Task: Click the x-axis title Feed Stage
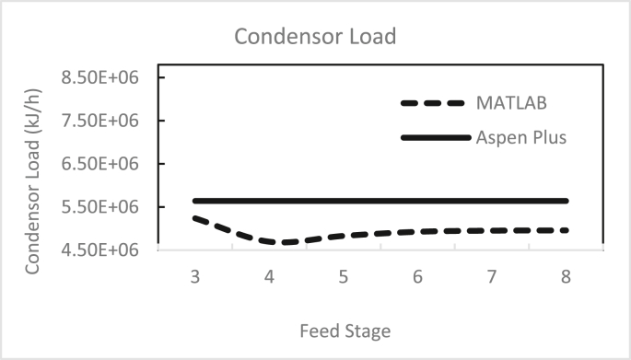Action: coord(343,329)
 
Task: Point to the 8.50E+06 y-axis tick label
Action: coord(99,77)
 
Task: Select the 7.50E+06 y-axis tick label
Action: coord(99,121)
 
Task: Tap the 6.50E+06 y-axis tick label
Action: coord(99,164)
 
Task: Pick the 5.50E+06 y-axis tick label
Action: coord(99,207)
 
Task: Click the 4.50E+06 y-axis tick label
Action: coord(99,250)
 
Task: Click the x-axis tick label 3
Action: coord(195,275)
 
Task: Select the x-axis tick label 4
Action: coord(269,275)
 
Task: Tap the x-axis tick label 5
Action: coord(344,275)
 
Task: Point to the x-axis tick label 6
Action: coord(418,275)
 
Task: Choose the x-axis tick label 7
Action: coord(493,275)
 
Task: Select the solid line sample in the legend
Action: coord(435,138)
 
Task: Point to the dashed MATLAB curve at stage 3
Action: coord(195,218)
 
